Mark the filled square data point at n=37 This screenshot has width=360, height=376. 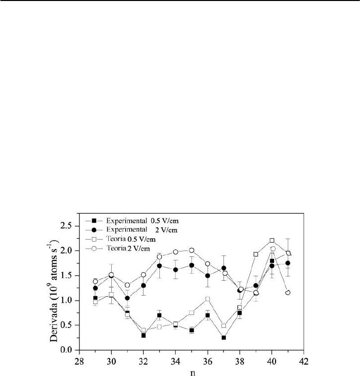(224, 338)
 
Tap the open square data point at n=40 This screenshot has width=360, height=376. (272, 241)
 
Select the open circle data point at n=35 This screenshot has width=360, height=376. (192, 251)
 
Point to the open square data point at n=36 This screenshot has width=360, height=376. (208, 299)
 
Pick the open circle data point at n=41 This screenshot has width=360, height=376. (288, 293)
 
